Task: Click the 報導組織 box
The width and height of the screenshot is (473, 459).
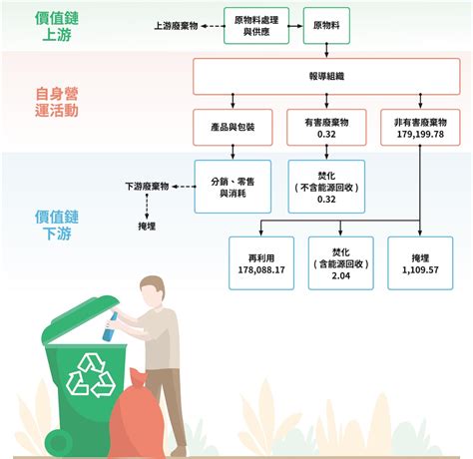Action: pyautogui.click(x=326, y=76)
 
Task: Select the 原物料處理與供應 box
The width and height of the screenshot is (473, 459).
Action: pyautogui.click(x=256, y=26)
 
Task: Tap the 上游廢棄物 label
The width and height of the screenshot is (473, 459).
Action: pyautogui.click(x=176, y=26)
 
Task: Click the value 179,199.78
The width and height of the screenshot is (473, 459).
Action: pyautogui.click(x=420, y=134)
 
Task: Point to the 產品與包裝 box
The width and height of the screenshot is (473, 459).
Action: pyautogui.click(x=233, y=127)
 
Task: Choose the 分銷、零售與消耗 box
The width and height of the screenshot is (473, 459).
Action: pyautogui.click(x=233, y=187)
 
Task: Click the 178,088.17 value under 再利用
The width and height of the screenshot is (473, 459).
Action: pyautogui.click(x=261, y=269)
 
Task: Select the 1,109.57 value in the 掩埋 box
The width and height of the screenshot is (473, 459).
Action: pyautogui.click(x=420, y=269)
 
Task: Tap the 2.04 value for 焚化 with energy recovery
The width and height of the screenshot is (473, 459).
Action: pyautogui.click(x=341, y=275)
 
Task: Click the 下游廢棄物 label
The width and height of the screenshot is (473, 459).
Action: pyautogui.click(x=147, y=187)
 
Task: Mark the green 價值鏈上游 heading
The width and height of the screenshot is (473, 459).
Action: pyautogui.click(x=57, y=26)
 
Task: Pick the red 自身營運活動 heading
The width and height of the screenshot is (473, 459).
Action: pyautogui.click(x=57, y=102)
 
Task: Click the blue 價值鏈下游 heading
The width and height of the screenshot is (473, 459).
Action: pyautogui.click(x=57, y=226)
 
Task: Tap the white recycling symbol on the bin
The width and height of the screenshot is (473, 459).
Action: pyautogui.click(x=91, y=375)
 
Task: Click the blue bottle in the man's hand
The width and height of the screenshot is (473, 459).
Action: pyautogui.click(x=111, y=327)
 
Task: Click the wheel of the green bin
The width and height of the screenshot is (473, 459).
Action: pyautogui.click(x=59, y=442)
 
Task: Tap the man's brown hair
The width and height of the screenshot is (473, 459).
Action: pyautogui.click(x=154, y=285)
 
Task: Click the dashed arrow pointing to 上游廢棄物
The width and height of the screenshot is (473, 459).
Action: pyautogui.click(x=213, y=26)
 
